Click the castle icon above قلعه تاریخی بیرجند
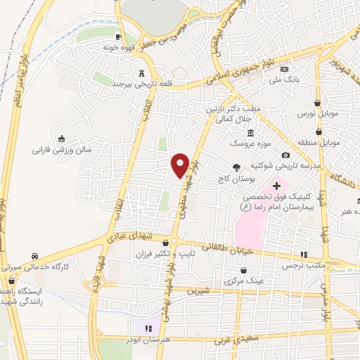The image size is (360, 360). pyautogui.click(x=142, y=72)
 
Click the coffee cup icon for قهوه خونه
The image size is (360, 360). pyautogui.click(x=118, y=38)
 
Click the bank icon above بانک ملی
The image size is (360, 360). pyautogui.click(x=285, y=70)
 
